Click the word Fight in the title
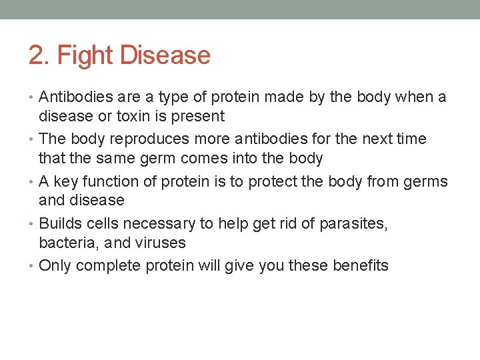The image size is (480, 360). click(85, 55)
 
